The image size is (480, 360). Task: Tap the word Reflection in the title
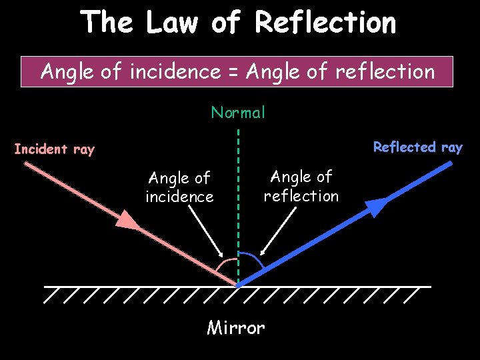(325, 23)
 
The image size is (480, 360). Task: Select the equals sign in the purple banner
(235, 71)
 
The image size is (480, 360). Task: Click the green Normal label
(238, 113)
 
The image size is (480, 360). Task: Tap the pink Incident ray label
(55, 149)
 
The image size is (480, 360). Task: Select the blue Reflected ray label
(417, 147)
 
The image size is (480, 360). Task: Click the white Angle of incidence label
(179, 187)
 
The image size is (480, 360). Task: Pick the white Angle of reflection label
(301, 186)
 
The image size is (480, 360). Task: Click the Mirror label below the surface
(236, 328)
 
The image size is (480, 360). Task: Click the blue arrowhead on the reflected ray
(377, 207)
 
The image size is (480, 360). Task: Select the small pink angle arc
(227, 264)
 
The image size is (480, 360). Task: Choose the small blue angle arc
(252, 258)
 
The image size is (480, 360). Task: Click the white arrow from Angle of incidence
(207, 231)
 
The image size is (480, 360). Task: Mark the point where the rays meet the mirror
(238, 285)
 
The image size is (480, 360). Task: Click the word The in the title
(107, 23)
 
